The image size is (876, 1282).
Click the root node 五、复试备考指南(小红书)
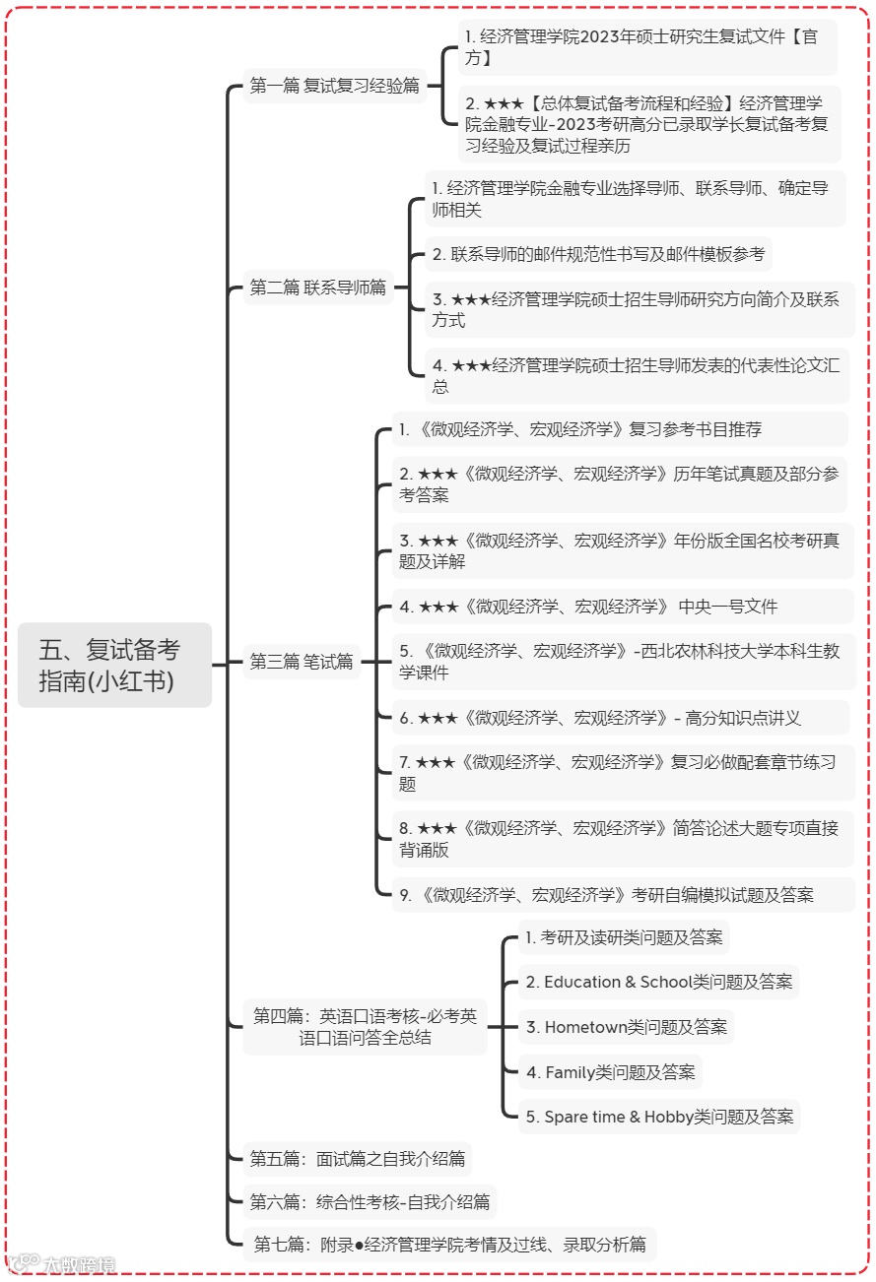point(114,665)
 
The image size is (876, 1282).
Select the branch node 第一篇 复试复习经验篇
point(335,86)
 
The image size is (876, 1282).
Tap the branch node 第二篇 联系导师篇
point(318,288)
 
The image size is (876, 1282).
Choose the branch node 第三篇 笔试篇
point(302,662)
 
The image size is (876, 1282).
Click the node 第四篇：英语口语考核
point(365,1027)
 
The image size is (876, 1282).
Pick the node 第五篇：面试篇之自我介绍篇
point(358,1159)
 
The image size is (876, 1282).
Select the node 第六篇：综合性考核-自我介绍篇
point(370,1201)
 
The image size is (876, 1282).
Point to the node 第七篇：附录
point(449,1245)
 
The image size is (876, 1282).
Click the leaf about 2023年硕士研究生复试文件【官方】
point(647,47)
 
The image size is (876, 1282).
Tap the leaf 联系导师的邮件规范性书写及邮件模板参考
point(598,254)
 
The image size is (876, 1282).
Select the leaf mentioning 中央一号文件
point(588,607)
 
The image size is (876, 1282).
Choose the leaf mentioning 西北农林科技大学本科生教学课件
point(620,662)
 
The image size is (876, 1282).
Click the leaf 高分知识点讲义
point(600,718)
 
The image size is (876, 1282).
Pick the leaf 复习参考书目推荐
point(580,429)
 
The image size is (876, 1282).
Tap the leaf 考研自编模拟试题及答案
point(607,895)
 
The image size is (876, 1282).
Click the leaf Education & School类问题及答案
point(658,982)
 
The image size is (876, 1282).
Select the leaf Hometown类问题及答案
point(626,1027)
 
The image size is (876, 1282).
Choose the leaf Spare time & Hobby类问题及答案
point(658,1117)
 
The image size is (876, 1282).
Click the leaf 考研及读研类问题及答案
point(624,937)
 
